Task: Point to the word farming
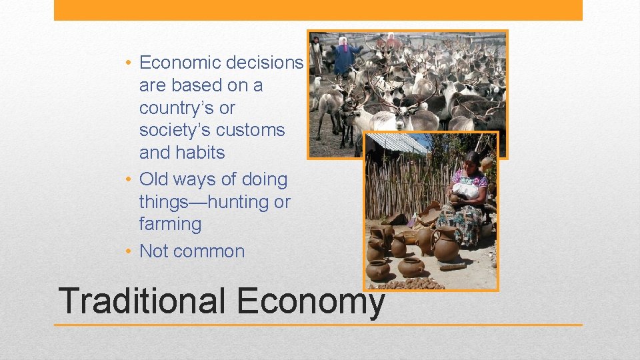[170, 224]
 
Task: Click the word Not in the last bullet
[153, 251]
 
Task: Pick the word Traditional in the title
[141, 301]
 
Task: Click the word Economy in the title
[311, 302]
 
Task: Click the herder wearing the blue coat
[344, 57]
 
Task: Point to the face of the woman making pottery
[471, 161]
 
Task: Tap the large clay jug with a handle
[445, 244]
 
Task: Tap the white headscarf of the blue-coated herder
[343, 41]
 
